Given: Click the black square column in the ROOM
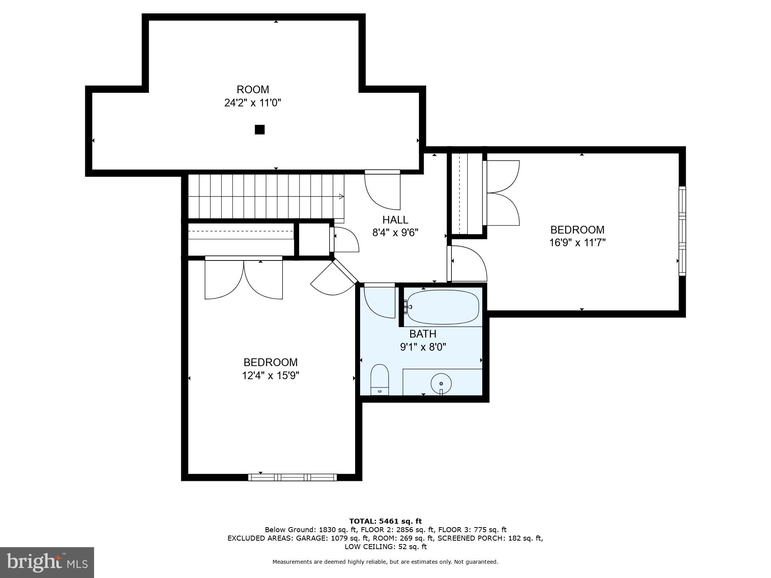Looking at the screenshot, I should point(260,130).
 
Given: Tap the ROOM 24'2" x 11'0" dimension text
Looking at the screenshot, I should point(253,103).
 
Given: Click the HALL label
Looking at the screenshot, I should point(395,220).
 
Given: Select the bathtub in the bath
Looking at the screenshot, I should point(443,307).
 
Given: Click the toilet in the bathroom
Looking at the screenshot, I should point(380,380).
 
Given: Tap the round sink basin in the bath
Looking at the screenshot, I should point(441,383).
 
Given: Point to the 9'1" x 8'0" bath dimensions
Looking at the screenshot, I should point(423,347).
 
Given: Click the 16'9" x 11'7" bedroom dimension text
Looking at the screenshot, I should point(577,243).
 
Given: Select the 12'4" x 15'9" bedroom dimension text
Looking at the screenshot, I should point(270,375).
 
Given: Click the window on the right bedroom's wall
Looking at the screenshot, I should point(682,231).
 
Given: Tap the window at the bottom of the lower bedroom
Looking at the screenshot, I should point(292,477).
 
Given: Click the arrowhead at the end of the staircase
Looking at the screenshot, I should point(341,197).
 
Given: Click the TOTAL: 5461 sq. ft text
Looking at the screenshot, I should point(385,521).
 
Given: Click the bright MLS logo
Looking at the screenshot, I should point(47,563).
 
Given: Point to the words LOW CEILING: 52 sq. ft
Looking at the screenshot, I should point(385,547).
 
